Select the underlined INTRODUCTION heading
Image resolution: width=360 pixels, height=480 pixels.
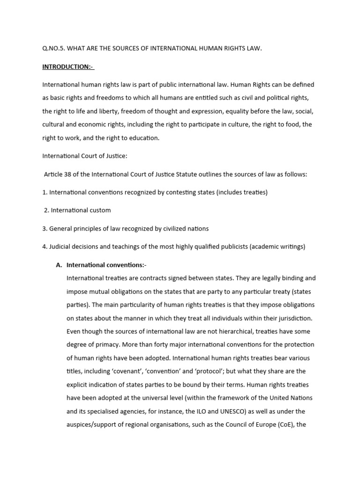click(x=67, y=67)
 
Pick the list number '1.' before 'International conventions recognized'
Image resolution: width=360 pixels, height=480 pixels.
click(x=45, y=192)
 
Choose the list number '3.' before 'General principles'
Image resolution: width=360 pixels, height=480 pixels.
click(x=45, y=228)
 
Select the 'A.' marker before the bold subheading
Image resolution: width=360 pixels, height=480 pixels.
click(x=59, y=265)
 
